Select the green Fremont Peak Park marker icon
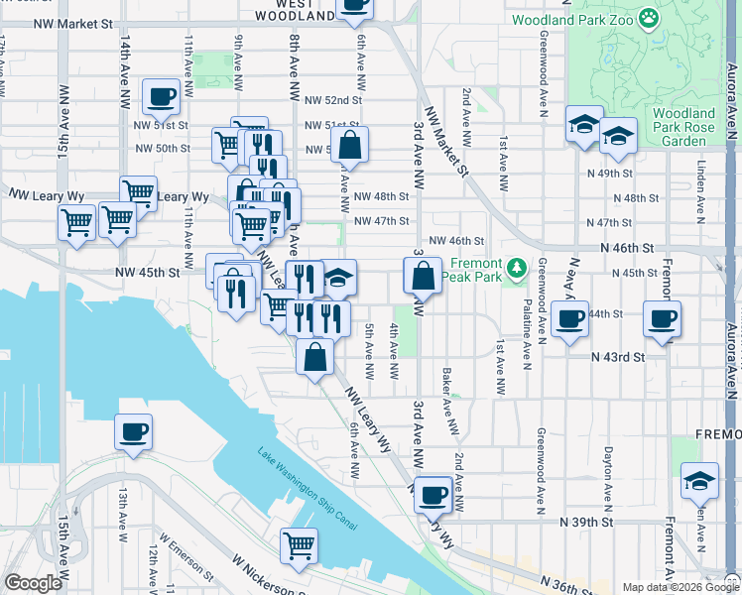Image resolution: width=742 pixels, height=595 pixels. [516, 268]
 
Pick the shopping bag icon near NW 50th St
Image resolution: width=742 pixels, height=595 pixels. [350, 145]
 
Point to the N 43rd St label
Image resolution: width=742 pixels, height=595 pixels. [618, 357]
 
